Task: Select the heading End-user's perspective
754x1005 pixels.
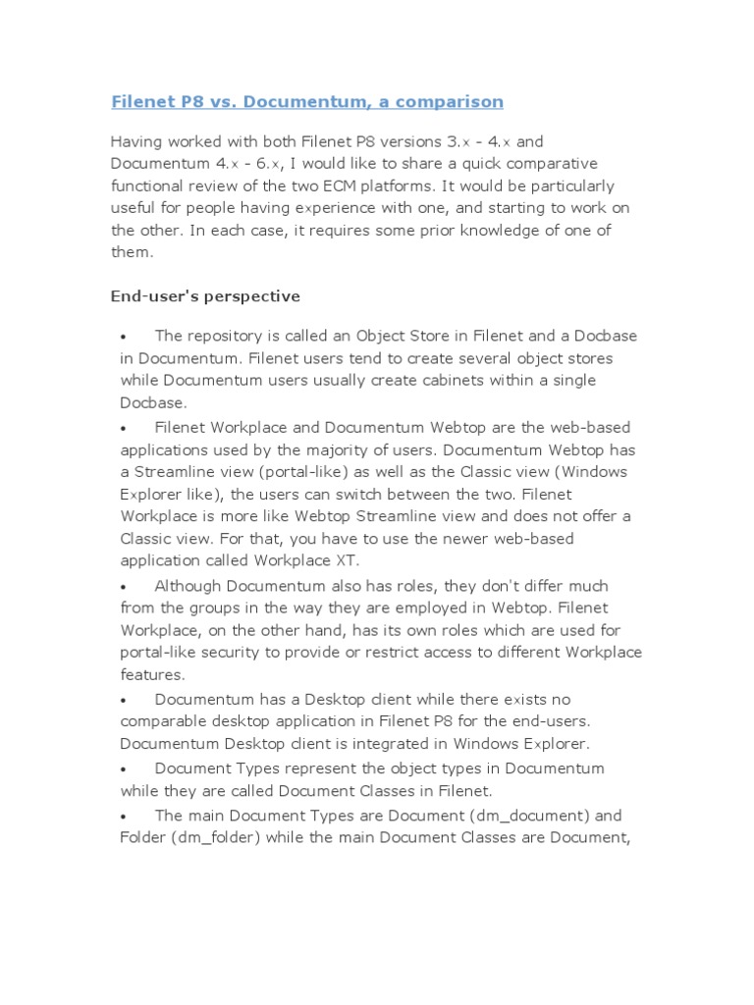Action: click(x=205, y=295)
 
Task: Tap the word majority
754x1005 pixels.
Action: click(x=370, y=450)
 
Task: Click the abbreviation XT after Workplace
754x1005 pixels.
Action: click(x=350, y=560)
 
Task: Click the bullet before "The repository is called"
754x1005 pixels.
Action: click(x=125, y=337)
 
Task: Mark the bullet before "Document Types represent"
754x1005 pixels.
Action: click(x=125, y=768)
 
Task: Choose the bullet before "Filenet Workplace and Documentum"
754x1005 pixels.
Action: click(x=125, y=429)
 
